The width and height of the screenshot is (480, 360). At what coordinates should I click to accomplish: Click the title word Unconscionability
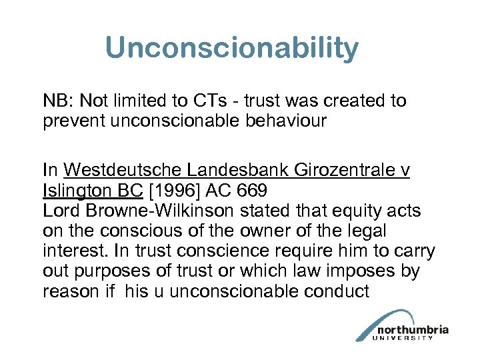pyautogui.click(x=231, y=48)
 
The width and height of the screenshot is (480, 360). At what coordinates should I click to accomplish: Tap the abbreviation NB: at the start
pyautogui.click(x=59, y=101)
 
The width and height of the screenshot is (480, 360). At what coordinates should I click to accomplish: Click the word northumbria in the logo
pyautogui.click(x=411, y=329)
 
